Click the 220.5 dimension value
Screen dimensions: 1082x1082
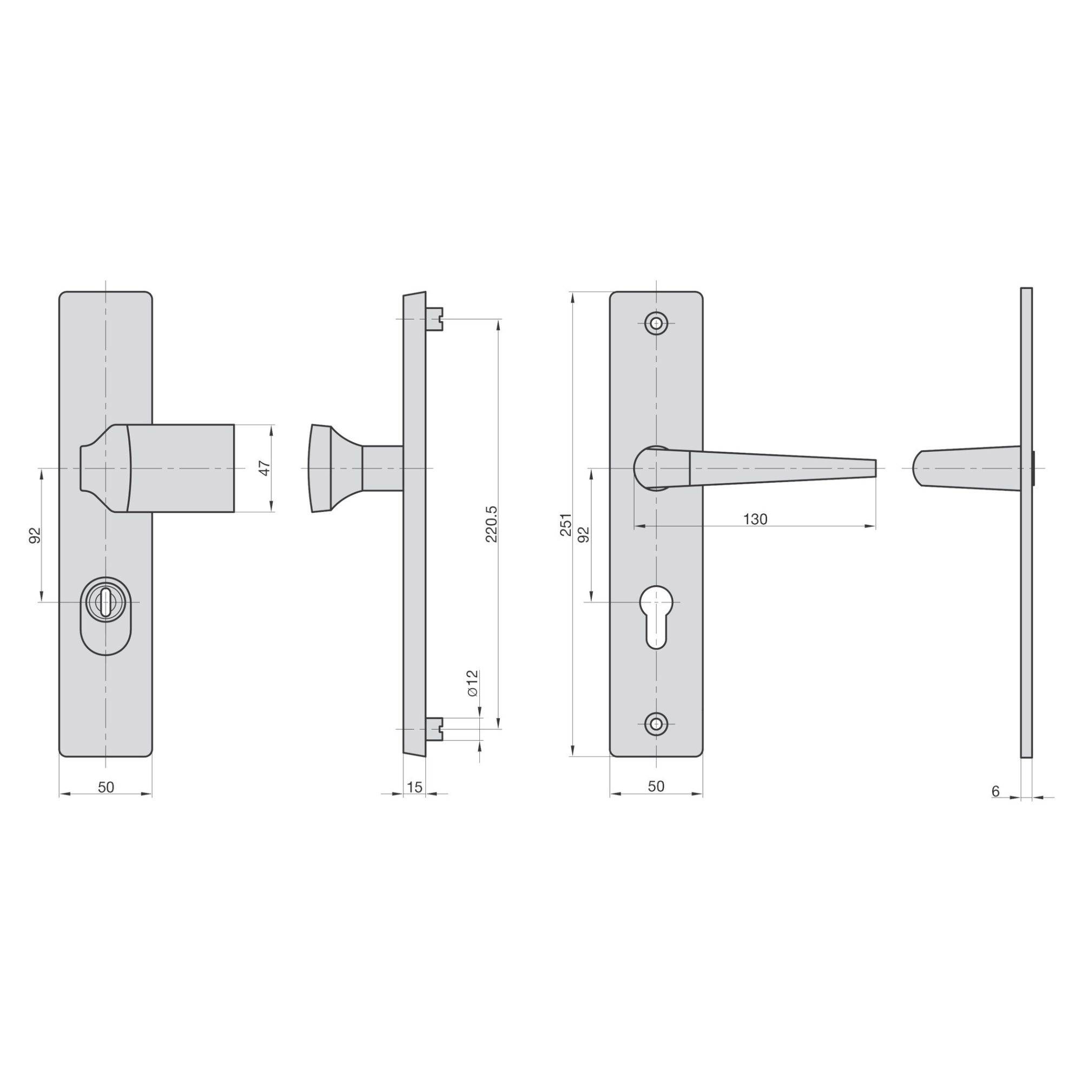[491, 524]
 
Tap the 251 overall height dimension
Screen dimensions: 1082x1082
[566, 525]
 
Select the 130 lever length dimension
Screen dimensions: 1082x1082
[755, 519]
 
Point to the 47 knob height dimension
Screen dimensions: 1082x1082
[266, 467]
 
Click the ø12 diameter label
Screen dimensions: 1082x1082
[472, 683]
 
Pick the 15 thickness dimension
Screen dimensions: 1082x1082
[414, 787]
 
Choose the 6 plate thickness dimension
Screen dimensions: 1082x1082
[995, 791]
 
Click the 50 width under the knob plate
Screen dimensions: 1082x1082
[106, 787]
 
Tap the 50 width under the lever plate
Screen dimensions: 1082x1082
[656, 786]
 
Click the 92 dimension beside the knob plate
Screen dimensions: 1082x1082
[35, 536]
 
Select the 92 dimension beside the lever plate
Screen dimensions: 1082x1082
[584, 535]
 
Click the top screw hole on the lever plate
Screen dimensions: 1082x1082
[656, 322]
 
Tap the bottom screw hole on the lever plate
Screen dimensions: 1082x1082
[656, 723]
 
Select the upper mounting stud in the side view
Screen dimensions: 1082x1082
[435, 319]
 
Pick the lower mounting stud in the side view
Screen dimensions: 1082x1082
[435, 729]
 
